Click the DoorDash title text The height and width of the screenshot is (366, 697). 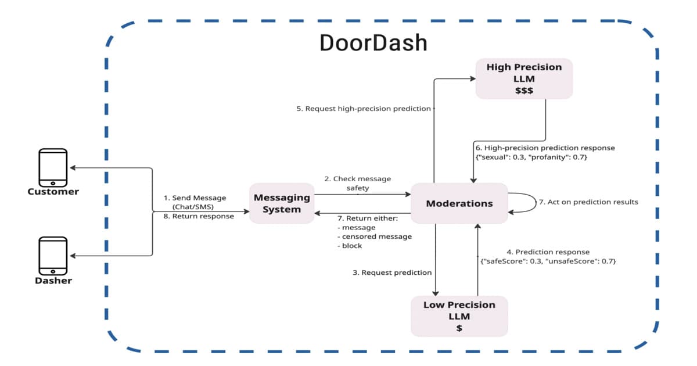[373, 44]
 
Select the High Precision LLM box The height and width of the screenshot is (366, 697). [524, 78]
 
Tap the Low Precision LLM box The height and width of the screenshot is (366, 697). [459, 316]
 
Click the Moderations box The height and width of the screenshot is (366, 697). [459, 203]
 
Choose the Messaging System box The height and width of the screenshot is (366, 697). [282, 203]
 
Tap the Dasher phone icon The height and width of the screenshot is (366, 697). [53, 256]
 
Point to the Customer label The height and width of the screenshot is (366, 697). [53, 192]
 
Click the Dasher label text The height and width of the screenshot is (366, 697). [53, 281]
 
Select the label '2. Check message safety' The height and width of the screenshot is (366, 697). [357, 183]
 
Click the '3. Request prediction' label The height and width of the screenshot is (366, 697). [392, 272]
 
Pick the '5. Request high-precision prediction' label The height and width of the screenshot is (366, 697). [364, 109]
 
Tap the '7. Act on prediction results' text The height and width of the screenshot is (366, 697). [588, 202]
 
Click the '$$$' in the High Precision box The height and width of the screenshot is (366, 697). [524, 91]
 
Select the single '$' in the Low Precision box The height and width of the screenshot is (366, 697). [459, 328]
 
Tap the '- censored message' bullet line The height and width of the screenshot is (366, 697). [374, 236]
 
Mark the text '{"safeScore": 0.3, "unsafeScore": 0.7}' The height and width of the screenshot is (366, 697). [548, 261]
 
